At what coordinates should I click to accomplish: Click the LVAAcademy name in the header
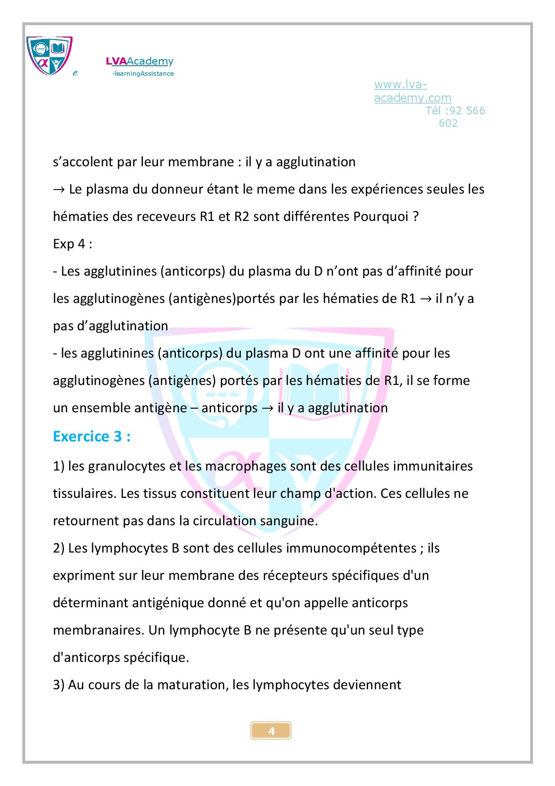point(140,61)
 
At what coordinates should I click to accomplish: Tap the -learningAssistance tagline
point(143,73)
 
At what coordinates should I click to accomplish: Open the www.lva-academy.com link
point(412,91)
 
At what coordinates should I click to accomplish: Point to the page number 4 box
point(271,731)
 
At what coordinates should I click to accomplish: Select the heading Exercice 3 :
point(92,436)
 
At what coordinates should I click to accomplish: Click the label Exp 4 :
point(73,244)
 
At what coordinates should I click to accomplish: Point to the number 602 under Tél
point(448,123)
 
